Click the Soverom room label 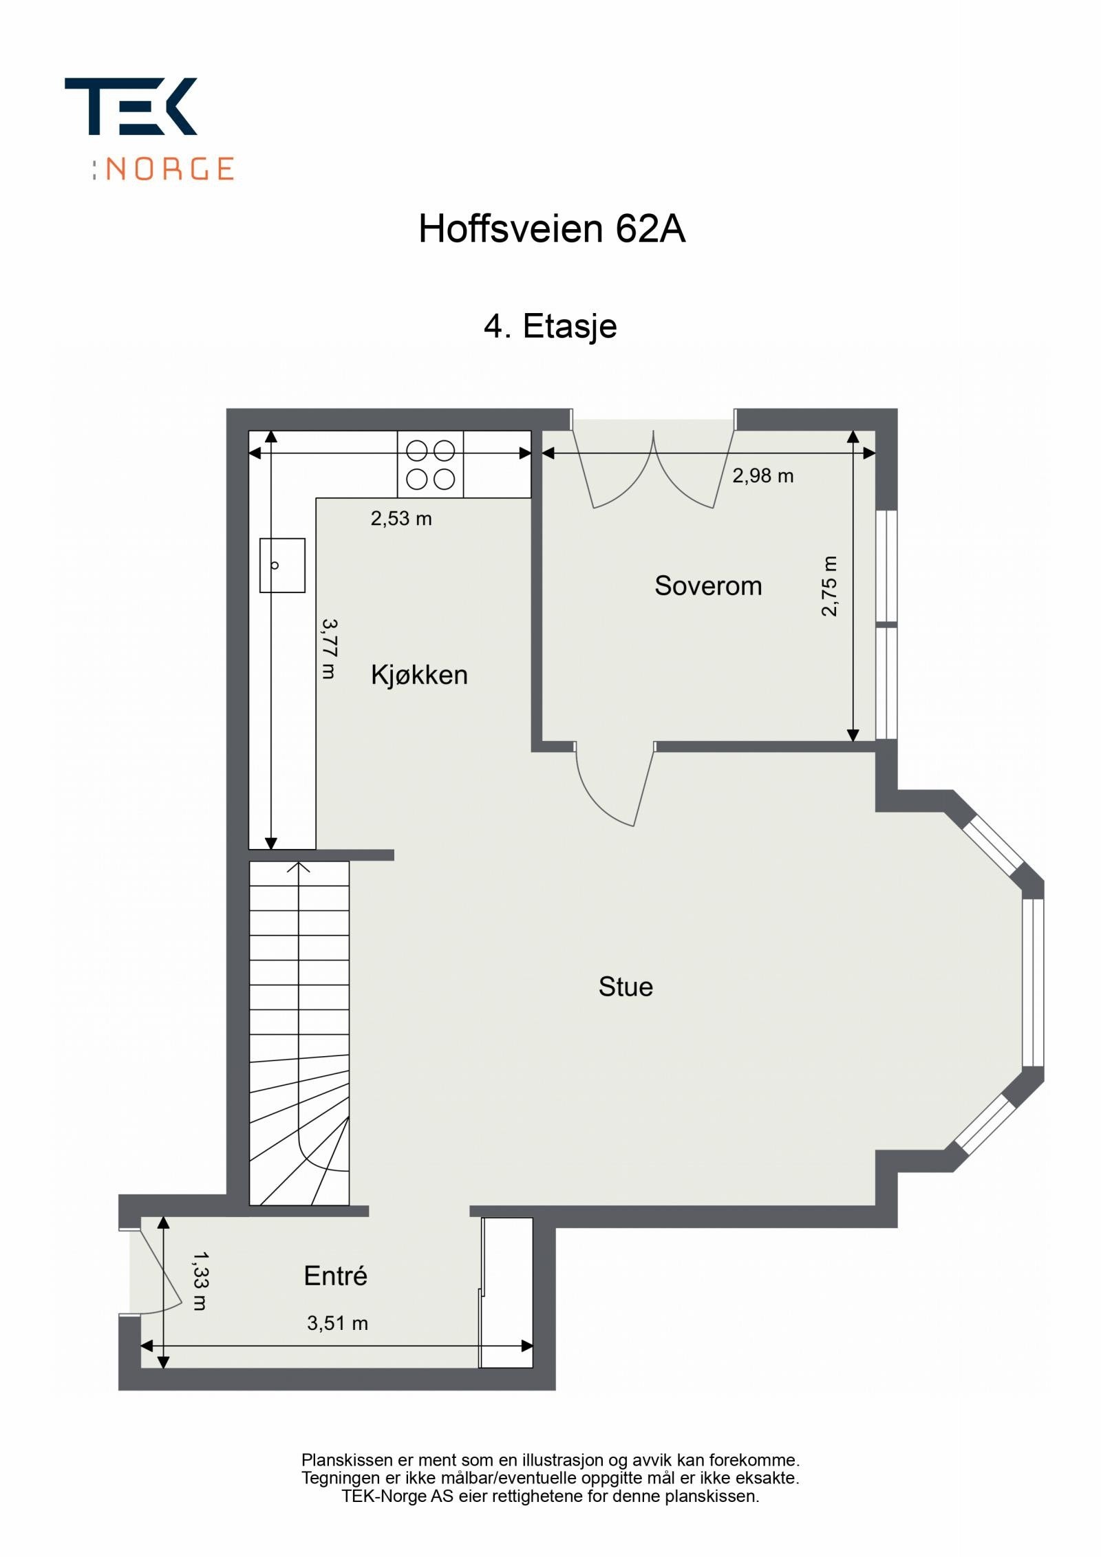[708, 586]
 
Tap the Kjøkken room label [419, 675]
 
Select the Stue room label [626, 987]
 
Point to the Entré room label [336, 1276]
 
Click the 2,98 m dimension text [762, 475]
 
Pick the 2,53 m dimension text [401, 518]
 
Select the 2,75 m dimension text [830, 586]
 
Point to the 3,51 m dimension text [337, 1322]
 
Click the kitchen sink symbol [282, 566]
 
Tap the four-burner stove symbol [431, 464]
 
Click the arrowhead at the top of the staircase [299, 867]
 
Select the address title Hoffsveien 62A [552, 228]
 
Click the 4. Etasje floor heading [550, 325]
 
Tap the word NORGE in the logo [171, 169]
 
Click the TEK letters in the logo [131, 106]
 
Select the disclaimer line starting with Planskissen [550, 1459]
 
